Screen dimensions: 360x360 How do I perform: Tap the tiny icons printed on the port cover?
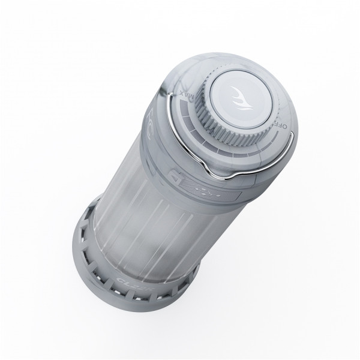(206, 191)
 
